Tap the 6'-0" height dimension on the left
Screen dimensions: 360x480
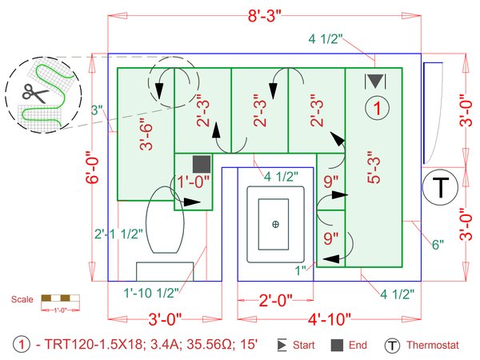tap(94, 167)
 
